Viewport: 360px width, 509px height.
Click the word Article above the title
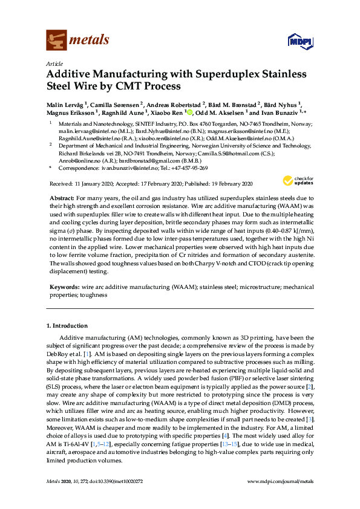point(54,63)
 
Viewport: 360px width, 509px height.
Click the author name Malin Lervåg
point(65,105)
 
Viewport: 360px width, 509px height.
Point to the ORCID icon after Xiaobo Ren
point(189,112)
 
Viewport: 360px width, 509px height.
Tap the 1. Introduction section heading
point(67,326)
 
